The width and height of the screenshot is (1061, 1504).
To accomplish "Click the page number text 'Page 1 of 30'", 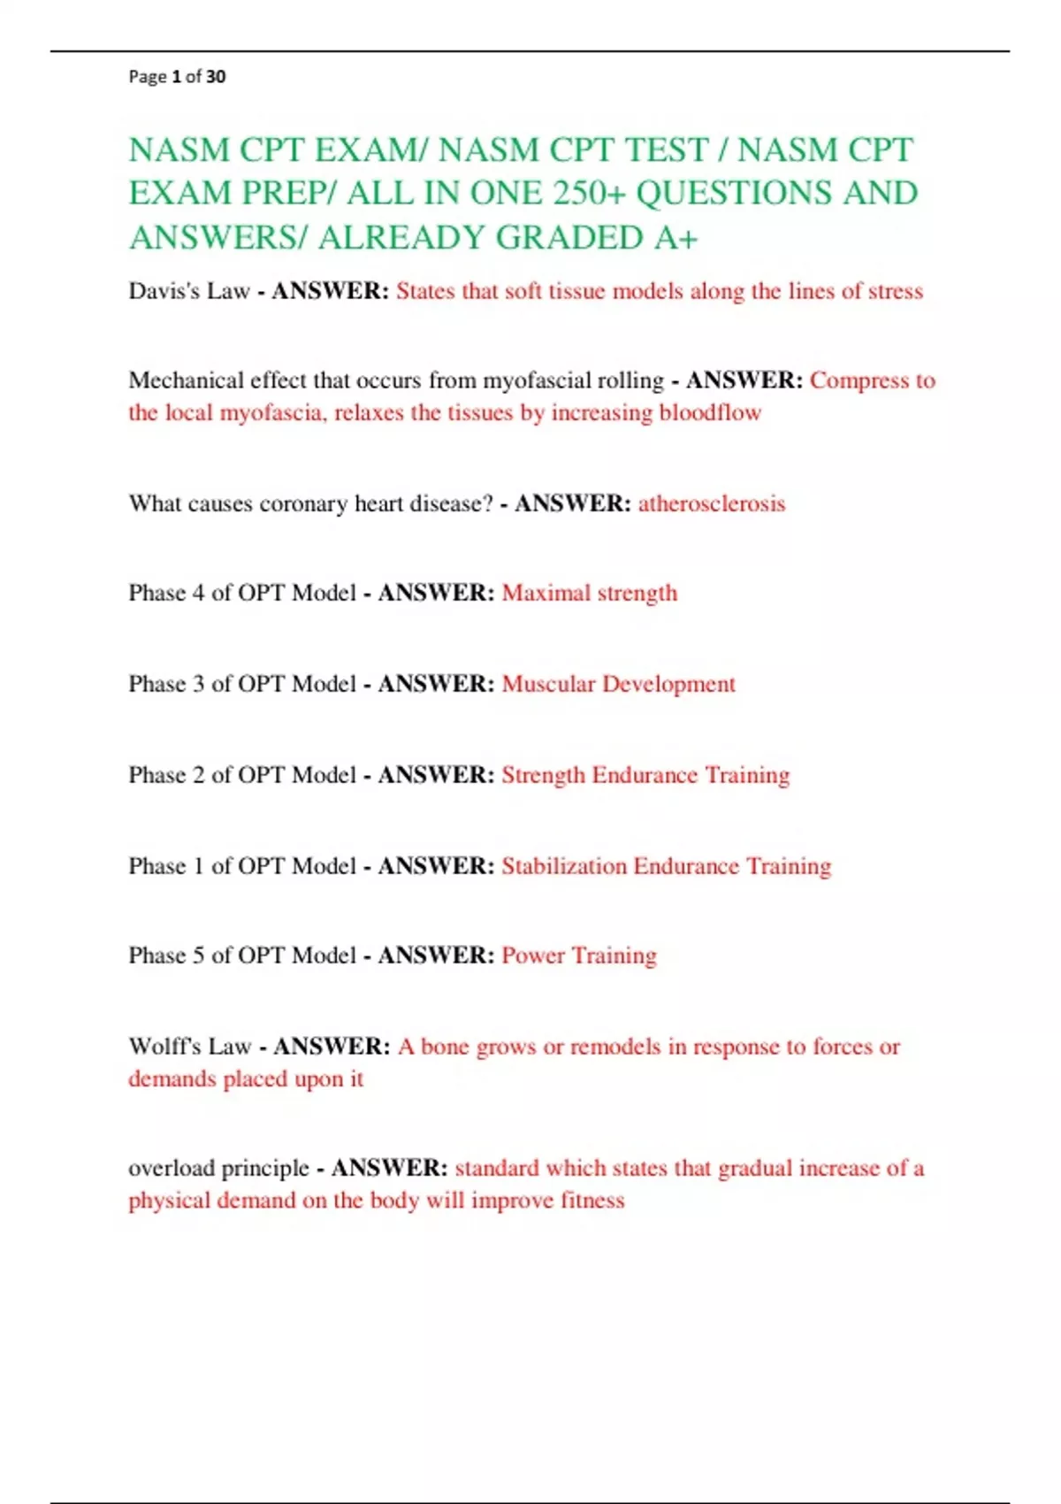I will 177,77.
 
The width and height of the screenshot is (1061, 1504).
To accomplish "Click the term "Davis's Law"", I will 189,291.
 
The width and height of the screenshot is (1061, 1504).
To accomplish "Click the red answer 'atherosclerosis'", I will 712,503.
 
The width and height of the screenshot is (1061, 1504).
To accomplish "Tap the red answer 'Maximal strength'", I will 590,593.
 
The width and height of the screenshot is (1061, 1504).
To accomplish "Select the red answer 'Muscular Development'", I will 619,684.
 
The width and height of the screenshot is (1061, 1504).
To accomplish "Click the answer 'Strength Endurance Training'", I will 645,775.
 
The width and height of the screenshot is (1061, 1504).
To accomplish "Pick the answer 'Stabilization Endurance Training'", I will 667,866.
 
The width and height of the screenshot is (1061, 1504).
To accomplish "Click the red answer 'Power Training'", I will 579,955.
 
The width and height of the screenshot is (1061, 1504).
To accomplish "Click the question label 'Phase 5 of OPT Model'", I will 242,955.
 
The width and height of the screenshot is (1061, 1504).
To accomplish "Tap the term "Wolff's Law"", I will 190,1047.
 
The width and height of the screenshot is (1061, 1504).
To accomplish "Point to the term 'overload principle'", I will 218,1168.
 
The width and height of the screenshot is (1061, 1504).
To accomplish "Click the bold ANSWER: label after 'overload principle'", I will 389,1168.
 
